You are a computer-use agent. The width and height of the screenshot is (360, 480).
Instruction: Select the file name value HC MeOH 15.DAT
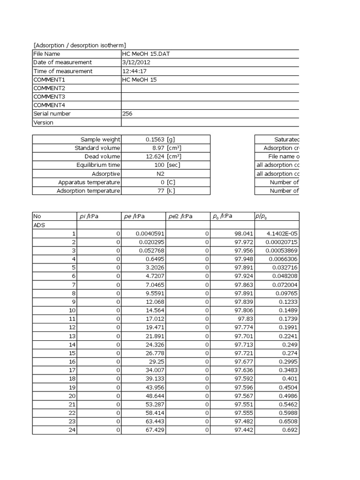coord(145,54)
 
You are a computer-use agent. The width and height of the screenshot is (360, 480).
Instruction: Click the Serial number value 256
coord(127,113)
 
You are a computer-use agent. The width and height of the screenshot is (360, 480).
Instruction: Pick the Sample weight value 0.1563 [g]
coord(164,139)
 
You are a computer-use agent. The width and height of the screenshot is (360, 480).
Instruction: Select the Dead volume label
coord(102,157)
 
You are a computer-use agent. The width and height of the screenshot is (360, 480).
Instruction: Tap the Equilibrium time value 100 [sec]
coord(164,165)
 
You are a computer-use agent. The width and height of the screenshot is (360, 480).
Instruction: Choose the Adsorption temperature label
coord(88,191)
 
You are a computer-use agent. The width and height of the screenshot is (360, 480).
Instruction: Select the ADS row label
coord(39,225)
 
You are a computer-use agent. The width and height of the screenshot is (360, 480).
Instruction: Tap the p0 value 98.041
coord(243,233)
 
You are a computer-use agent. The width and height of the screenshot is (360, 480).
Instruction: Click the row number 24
coord(72,430)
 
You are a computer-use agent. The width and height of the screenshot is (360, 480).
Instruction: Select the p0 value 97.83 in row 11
coord(245,319)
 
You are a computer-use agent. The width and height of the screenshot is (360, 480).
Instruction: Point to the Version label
coord(43,122)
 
